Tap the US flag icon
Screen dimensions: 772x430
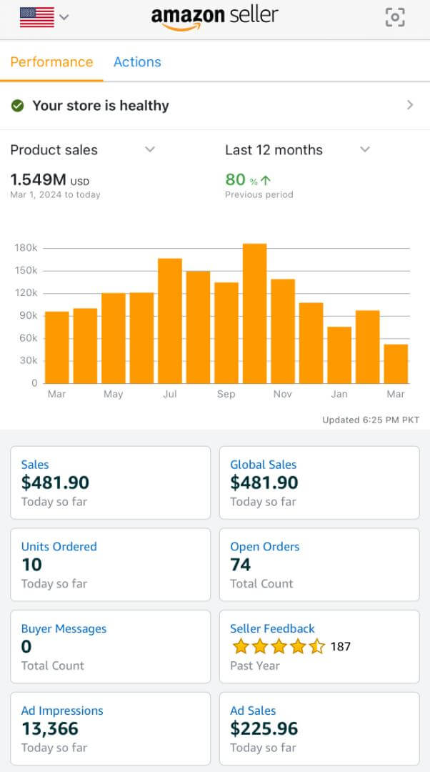click(37, 16)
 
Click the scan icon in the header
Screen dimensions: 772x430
click(394, 17)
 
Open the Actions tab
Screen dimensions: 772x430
click(137, 61)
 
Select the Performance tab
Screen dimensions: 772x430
click(51, 61)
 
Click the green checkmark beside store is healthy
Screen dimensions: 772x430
click(18, 106)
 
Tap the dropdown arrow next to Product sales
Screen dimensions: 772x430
click(150, 149)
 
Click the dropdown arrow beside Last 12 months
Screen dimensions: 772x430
click(365, 149)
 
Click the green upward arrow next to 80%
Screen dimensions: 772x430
click(266, 180)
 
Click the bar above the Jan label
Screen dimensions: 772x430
click(339, 355)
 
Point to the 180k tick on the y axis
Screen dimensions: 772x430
click(26, 248)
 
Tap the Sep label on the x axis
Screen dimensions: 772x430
click(226, 394)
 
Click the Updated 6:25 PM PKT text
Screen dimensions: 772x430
click(371, 420)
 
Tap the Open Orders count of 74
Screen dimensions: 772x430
click(241, 565)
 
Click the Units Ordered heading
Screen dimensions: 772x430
click(59, 546)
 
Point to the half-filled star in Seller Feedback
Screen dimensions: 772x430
click(316, 647)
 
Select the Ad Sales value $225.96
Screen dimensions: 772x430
click(264, 728)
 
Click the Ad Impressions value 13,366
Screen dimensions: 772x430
click(50, 728)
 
